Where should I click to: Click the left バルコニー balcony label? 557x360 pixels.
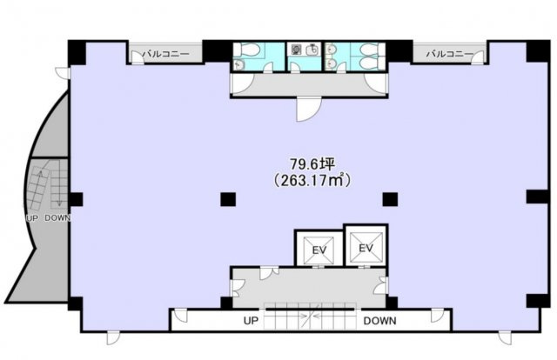(x=166, y=54)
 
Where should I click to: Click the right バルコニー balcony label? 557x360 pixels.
(x=449, y=54)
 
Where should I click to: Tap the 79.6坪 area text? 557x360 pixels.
(x=312, y=164)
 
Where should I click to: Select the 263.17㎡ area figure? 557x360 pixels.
(x=312, y=180)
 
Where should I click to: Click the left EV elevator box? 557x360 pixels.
(x=319, y=250)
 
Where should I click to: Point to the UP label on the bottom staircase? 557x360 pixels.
(x=251, y=321)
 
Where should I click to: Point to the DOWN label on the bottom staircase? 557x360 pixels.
(x=379, y=321)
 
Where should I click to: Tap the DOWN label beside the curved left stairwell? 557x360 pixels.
(x=57, y=218)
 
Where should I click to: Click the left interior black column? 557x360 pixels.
(x=228, y=199)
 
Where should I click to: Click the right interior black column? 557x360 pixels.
(x=390, y=199)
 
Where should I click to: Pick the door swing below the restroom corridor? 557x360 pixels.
(x=309, y=110)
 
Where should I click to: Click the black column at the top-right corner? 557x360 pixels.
(x=538, y=51)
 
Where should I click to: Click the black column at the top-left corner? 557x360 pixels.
(x=77, y=52)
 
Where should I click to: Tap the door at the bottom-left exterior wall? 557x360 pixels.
(x=114, y=338)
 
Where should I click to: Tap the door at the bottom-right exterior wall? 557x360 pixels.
(x=505, y=338)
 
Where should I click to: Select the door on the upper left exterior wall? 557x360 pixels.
(x=64, y=73)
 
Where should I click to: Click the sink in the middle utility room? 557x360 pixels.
(x=312, y=50)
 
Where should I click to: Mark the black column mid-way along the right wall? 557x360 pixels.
(x=538, y=197)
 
